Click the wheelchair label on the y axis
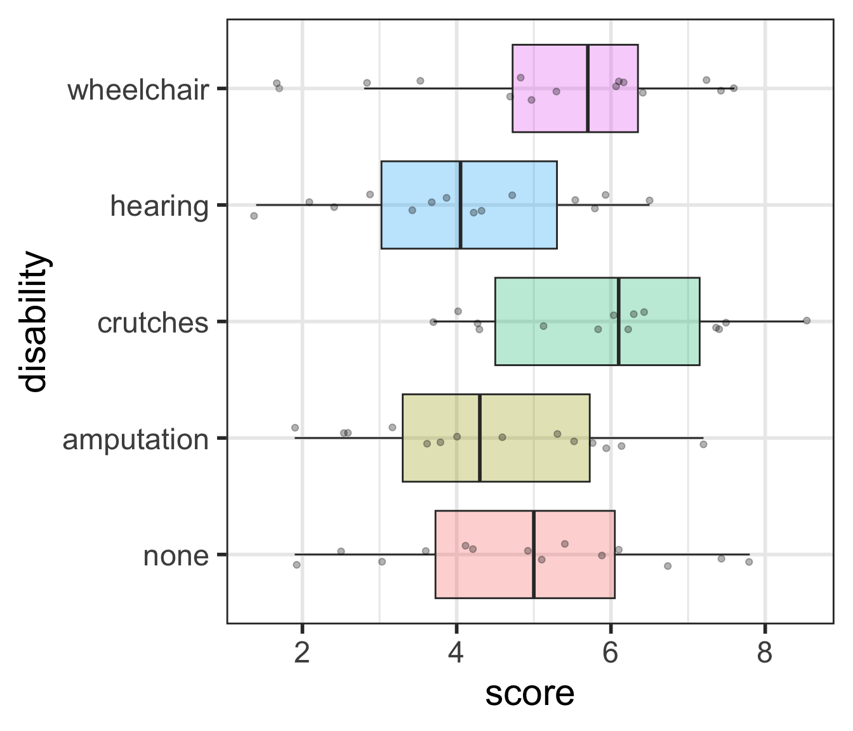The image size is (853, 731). pos(138,90)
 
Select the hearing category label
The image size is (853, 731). pos(159,206)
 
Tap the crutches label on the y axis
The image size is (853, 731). pos(152,323)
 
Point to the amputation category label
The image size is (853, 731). pos(135,439)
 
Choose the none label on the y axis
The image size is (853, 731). pos(176,556)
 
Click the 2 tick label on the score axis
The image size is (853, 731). pos(302,652)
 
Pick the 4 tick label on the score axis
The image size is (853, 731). pos(456,652)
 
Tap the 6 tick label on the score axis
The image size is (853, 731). pos(611,652)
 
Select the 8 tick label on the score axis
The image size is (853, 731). pos(765,652)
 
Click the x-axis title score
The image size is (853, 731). pos(530,694)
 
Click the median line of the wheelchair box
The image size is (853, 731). pos(588,88)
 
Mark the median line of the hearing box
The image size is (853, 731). pos(460,205)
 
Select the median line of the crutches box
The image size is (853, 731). pos(619,321)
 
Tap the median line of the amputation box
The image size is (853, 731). pos(480,438)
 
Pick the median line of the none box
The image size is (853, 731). pos(534,554)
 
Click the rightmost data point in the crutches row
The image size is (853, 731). pos(807,320)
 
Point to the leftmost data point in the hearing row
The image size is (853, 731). pos(254,216)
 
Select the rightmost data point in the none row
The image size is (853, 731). pos(749,562)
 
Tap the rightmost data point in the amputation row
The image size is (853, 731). pos(703,444)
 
